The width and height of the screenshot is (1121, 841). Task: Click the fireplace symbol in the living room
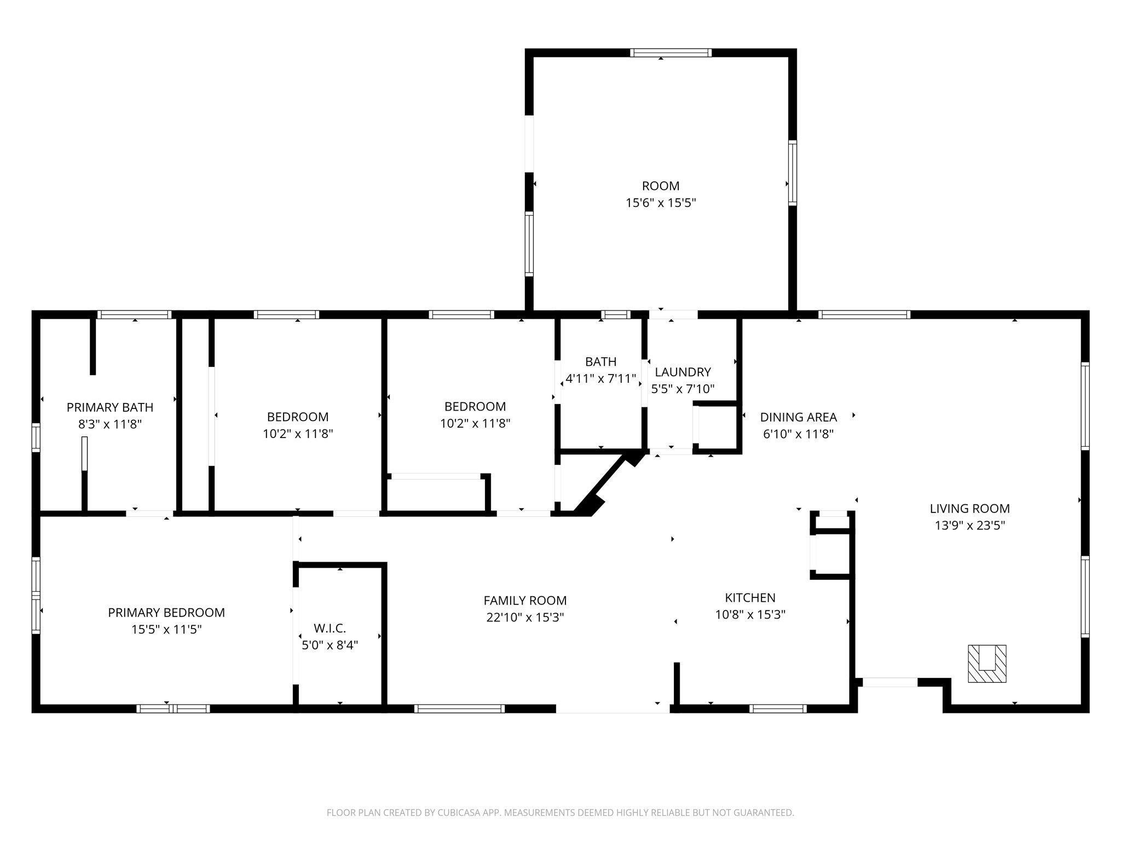tap(987, 664)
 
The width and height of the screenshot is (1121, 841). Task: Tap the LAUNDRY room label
tap(683, 372)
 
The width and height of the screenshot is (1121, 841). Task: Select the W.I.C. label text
tap(330, 629)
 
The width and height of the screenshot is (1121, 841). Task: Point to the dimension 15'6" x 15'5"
tap(661, 203)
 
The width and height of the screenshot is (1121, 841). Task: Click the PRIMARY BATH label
tap(110, 407)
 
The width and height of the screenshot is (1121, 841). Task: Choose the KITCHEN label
tap(750, 598)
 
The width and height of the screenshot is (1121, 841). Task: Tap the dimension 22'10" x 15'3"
tap(525, 618)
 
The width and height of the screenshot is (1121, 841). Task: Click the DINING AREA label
tap(798, 417)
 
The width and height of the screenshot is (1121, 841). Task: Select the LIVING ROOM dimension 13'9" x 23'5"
tap(969, 526)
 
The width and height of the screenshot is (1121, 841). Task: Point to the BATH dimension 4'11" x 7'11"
tap(600, 378)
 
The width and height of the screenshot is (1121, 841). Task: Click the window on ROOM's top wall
tap(671, 53)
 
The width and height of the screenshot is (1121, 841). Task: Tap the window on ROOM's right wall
tap(792, 172)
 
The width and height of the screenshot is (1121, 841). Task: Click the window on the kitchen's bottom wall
tap(778, 708)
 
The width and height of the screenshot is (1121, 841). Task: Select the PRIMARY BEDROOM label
tap(166, 613)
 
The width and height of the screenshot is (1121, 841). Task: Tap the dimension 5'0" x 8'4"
tap(330, 646)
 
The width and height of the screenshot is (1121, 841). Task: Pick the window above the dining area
tap(864, 314)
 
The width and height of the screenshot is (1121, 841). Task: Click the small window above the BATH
tap(615, 314)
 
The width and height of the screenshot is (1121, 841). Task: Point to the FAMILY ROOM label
tap(525, 601)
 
